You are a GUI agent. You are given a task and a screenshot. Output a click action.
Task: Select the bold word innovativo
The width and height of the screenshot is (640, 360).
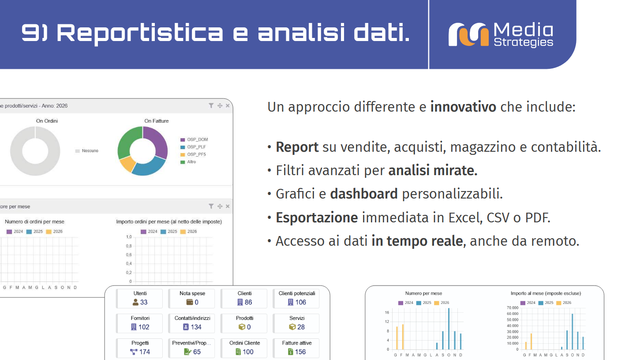coord(463,107)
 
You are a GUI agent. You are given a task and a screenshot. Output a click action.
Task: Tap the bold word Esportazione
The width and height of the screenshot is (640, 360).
coord(317,217)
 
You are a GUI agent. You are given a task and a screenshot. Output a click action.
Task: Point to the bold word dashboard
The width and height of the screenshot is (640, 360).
coord(364,194)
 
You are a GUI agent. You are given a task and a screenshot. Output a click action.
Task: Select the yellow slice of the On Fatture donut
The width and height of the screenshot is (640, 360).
coord(127,164)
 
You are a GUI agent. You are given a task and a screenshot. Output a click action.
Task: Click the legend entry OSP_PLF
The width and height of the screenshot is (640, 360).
coord(196,147)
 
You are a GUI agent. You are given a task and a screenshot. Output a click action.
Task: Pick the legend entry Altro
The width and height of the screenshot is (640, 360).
coord(191,162)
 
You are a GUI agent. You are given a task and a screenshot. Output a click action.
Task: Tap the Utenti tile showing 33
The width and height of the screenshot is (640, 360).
coord(140,299)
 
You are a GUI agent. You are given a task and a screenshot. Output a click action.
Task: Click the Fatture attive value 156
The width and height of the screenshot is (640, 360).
coord(300,352)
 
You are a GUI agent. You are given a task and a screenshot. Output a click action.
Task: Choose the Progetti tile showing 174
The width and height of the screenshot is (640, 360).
coord(140,348)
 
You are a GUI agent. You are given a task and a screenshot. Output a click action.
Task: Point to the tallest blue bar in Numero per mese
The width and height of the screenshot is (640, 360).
coord(449,329)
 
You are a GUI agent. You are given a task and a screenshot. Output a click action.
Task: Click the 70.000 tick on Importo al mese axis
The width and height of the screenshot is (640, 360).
coord(512,308)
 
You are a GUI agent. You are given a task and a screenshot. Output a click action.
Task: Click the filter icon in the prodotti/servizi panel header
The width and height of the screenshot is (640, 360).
coord(211,106)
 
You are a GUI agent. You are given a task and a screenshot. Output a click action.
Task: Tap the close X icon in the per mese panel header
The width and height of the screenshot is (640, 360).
coord(228,206)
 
